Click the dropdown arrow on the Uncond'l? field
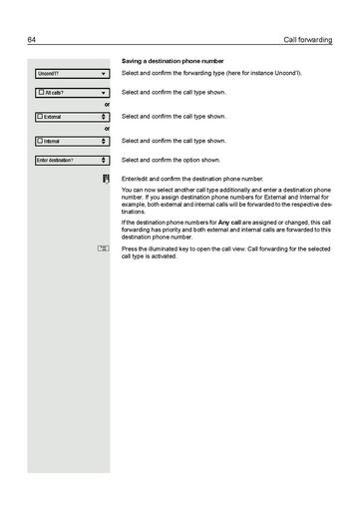coord(104,74)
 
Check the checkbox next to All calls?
coord(40,92)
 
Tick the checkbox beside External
coord(40,116)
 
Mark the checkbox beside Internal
coord(40,141)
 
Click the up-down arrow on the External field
coord(104,116)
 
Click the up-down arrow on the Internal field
coord(104,141)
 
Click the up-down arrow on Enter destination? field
coord(104,160)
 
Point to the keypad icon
coord(105,178)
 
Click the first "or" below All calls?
coord(107,104)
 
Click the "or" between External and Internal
coord(107,129)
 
